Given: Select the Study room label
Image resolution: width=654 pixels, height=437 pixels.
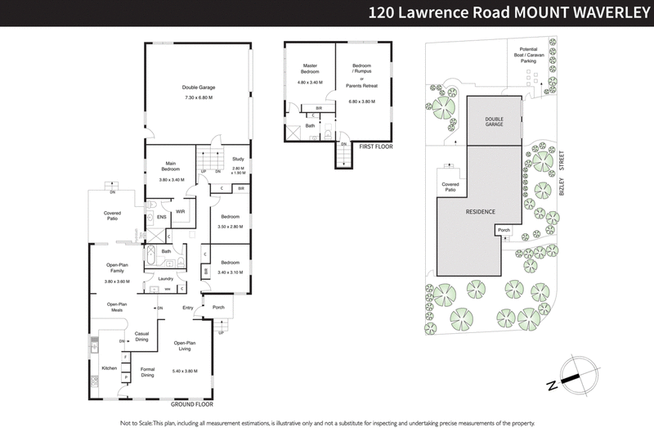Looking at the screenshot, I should pyautogui.click(x=238, y=159).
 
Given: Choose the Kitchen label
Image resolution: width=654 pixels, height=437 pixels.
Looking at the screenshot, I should pyautogui.click(x=109, y=368).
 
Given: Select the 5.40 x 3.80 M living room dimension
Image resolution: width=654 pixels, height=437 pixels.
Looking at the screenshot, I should pyautogui.click(x=186, y=372).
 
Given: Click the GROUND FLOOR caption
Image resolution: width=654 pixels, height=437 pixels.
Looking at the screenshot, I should pyautogui.click(x=192, y=404).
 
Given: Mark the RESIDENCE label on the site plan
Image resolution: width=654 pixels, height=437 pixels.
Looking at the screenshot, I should pyautogui.click(x=481, y=211).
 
